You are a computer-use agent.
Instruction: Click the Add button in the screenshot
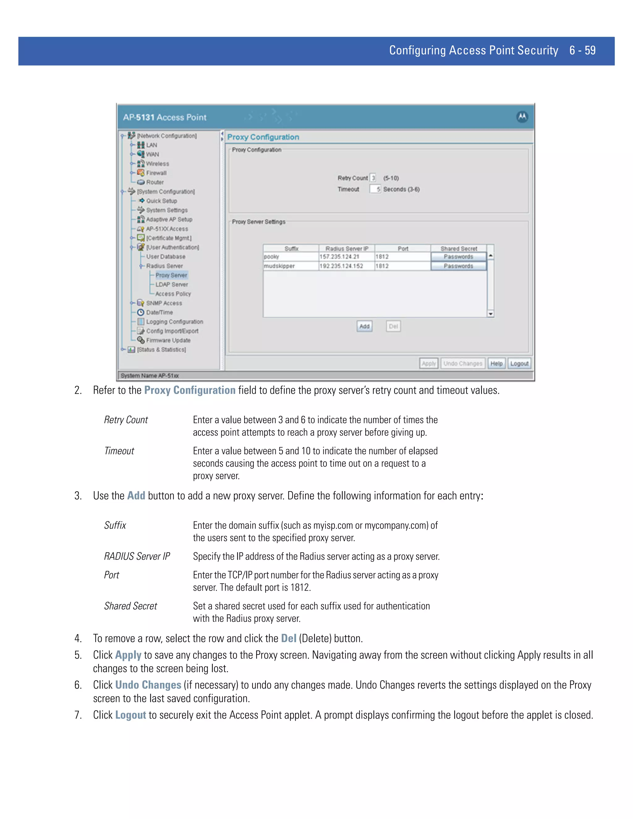point(364,326)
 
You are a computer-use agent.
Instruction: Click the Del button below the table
point(393,326)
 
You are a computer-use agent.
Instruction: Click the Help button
point(496,363)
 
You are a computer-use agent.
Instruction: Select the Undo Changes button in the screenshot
point(463,363)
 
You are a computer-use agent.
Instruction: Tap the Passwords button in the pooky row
point(458,257)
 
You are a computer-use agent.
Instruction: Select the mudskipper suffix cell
point(290,266)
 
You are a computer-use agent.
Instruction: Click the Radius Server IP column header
point(346,248)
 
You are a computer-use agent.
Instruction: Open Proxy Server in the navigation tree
point(171,275)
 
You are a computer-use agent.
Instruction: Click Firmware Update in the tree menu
point(168,340)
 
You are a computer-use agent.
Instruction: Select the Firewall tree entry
point(156,173)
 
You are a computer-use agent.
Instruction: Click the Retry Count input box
point(373,178)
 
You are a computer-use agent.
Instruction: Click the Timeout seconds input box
point(375,189)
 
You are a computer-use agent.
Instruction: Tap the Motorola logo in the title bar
point(522,117)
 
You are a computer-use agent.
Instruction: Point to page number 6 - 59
point(582,50)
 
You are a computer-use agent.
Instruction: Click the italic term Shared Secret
point(130,606)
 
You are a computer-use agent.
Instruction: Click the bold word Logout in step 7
point(130,715)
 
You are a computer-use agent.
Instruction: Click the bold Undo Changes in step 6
point(148,685)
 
